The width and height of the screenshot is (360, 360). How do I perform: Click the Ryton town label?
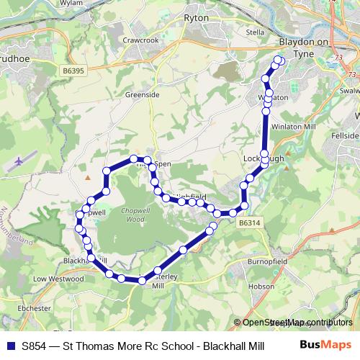(196, 17)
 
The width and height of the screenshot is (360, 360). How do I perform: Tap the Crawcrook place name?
(140, 40)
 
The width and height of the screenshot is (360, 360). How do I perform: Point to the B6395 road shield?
(73, 71)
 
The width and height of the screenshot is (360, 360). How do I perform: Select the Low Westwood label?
(48, 278)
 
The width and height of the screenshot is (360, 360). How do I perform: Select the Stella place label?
(256, 32)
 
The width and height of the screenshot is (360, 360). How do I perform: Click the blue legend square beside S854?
(11, 344)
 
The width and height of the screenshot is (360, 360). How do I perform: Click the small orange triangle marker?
(87, 175)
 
